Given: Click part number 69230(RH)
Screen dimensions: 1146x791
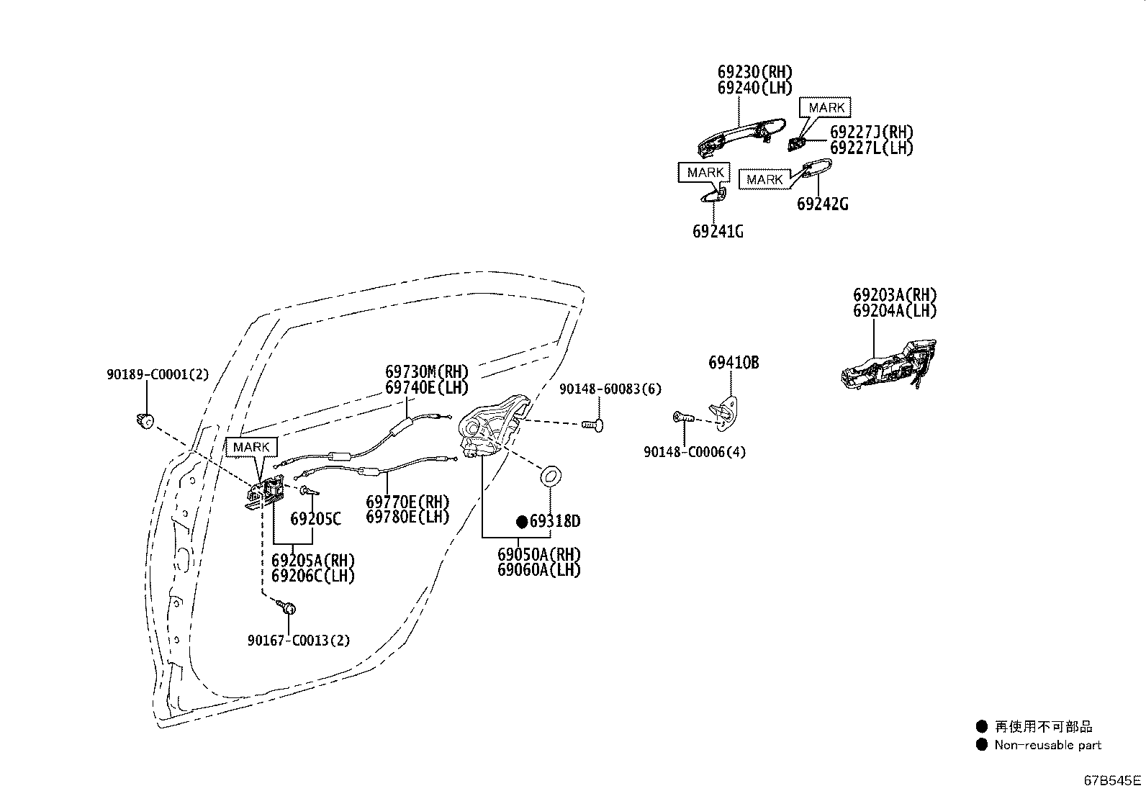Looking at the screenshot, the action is coord(754,72).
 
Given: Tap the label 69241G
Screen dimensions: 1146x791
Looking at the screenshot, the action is coord(718,232).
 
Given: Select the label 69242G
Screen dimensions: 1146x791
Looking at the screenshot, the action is coord(822,204).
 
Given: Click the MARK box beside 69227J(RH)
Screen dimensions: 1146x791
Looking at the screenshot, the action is coord(825,107).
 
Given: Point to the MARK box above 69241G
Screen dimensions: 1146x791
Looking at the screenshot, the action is coord(705,173).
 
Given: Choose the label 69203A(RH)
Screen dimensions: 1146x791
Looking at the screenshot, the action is coord(895,295).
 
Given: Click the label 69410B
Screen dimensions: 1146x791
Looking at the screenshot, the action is coord(734,363).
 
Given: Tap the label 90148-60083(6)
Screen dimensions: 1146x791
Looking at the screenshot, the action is coord(610,389).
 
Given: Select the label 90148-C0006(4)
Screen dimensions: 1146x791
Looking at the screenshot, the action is coord(695,452).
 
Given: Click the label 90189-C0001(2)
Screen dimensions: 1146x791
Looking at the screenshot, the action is coord(158,374).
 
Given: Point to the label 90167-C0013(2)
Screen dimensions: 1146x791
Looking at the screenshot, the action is coord(299,641).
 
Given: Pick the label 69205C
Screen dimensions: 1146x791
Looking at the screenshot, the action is coord(315,520).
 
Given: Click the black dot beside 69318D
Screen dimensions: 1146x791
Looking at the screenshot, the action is coord(522,522).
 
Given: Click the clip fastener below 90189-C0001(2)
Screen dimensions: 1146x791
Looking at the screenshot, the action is coord(145,421).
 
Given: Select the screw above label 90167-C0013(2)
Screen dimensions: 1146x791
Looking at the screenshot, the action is coord(287,607).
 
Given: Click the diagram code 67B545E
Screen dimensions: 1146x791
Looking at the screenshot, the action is coord(1112,780).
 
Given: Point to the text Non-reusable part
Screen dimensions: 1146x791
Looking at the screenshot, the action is coord(1048,745).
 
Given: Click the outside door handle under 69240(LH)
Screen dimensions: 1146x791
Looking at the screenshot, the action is coord(741,137).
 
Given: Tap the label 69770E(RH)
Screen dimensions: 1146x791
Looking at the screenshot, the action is coord(407,502).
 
